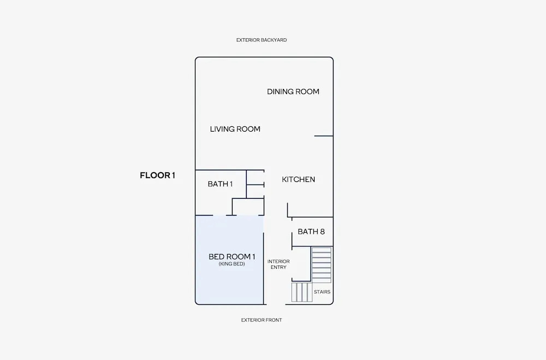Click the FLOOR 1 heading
pos(157,175)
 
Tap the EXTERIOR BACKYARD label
pos(262,40)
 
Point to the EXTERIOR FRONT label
pos(262,320)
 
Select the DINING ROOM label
pos(293,92)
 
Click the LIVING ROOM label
pos(235,129)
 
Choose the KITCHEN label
pos(299,180)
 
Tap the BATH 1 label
pos(220,184)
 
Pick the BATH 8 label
pos(311,232)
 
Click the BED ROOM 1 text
pos(232,257)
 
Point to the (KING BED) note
pos(232,264)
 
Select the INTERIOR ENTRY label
pos(278,264)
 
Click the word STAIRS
pos(322,292)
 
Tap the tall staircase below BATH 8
pos(321,265)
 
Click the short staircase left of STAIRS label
pos(301,292)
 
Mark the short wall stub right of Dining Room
pos(323,136)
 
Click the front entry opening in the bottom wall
pos(276,304)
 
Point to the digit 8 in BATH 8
pos(322,232)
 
